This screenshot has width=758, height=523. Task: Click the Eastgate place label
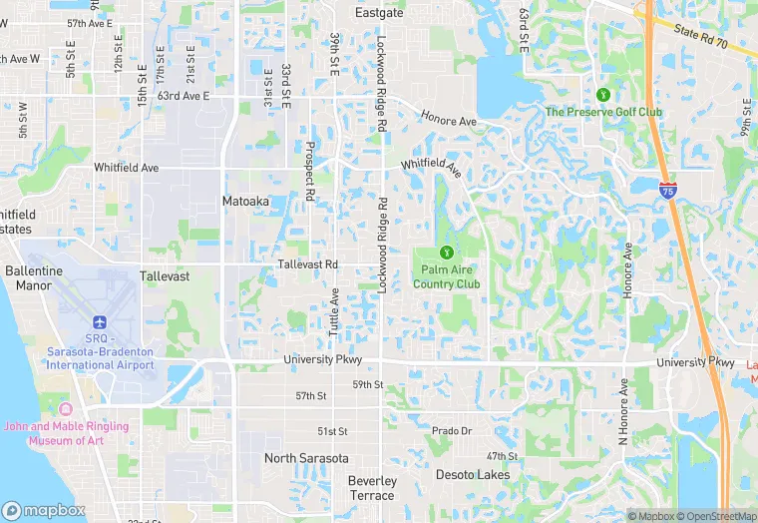click(x=380, y=13)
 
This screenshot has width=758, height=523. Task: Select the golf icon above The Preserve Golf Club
click(x=602, y=95)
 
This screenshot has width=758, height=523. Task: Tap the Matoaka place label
click(x=244, y=202)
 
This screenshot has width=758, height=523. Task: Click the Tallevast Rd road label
click(x=308, y=264)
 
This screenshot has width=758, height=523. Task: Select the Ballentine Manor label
click(x=33, y=277)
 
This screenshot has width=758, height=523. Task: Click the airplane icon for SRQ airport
click(x=99, y=321)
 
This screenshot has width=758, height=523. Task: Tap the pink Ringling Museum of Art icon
click(x=67, y=410)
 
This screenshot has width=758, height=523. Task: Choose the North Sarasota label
click(x=306, y=458)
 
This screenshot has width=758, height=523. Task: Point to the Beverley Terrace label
click(x=372, y=488)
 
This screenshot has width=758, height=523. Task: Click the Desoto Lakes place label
click(x=473, y=475)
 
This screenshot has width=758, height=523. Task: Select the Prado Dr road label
click(x=452, y=431)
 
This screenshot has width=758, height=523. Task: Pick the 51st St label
click(x=332, y=431)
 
